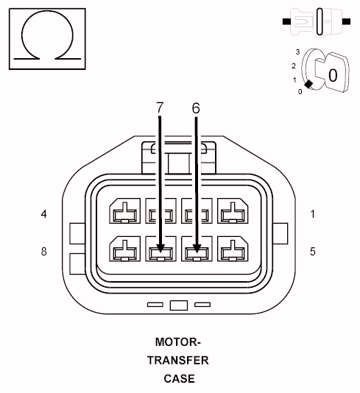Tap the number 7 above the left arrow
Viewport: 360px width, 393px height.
[160, 108]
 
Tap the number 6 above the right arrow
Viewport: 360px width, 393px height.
[196, 108]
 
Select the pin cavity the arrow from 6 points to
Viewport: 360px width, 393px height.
[196, 250]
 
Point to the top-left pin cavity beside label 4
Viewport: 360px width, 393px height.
[123, 212]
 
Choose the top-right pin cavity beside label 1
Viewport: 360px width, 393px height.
[233, 212]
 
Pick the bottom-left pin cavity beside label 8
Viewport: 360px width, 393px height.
[123, 250]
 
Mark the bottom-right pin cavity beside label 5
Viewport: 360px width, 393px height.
[233, 250]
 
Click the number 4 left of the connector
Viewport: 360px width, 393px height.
[44, 214]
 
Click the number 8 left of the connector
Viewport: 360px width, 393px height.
[44, 252]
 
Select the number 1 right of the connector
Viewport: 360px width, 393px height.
[312, 214]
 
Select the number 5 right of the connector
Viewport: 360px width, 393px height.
[312, 252]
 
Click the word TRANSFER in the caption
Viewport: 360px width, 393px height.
[178, 361]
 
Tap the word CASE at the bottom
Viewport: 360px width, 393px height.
[179, 379]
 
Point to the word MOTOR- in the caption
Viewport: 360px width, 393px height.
[177, 342]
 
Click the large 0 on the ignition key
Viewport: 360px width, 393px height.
[333, 74]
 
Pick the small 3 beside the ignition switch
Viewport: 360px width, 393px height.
[297, 52]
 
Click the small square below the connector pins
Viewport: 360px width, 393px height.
[178, 305]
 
